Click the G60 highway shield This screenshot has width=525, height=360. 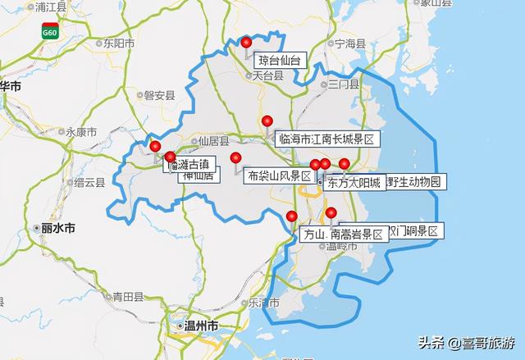pyautogui.click(x=51, y=31)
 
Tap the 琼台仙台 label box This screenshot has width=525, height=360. pyautogui.click(x=280, y=60)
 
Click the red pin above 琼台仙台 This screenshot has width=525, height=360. pyautogui.click(x=246, y=43)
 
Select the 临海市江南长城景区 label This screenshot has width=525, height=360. pyautogui.click(x=325, y=139)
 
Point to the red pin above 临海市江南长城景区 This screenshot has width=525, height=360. pyautogui.click(x=267, y=121)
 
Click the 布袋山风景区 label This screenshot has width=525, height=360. pyautogui.click(x=279, y=175)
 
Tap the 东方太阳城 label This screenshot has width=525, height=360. pyautogui.click(x=354, y=182)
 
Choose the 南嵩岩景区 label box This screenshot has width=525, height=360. pyautogui.click(x=357, y=234)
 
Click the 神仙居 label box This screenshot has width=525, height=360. pyautogui.click(x=198, y=175)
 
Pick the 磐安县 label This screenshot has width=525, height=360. pyautogui.click(x=159, y=94)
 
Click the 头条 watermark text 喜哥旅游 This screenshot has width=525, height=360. pyautogui.click(x=491, y=342)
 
